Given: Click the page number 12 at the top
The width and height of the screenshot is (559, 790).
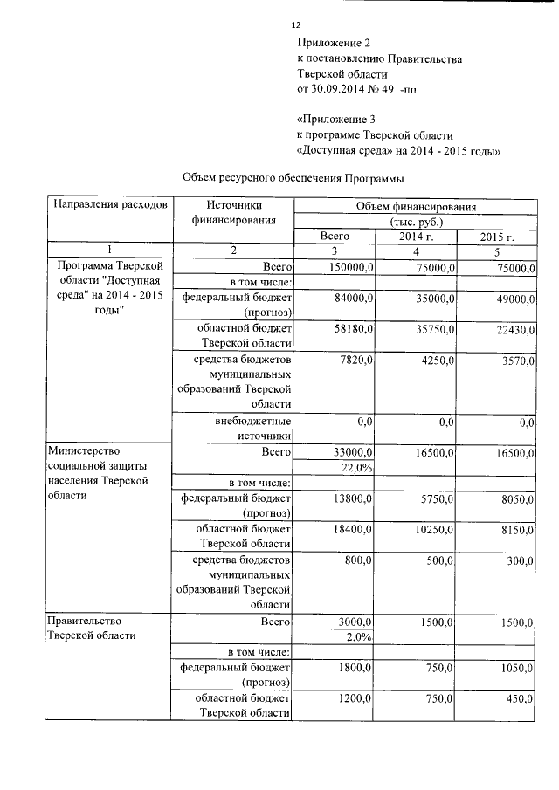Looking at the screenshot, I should [x=295, y=25].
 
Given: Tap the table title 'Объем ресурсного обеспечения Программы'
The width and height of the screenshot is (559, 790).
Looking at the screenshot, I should [x=293, y=179].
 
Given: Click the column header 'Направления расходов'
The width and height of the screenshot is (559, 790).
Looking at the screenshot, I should [x=110, y=205].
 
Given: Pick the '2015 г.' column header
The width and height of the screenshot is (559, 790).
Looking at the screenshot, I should [x=496, y=237].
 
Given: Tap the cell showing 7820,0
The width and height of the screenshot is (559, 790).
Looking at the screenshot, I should [x=357, y=360].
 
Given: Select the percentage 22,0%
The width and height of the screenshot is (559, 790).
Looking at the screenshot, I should [x=356, y=469].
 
